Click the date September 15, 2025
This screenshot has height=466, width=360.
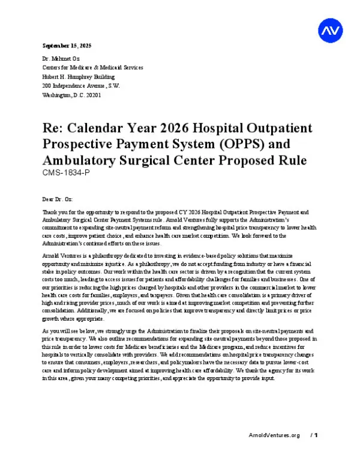(66, 46)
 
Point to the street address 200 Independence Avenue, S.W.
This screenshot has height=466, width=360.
(81, 85)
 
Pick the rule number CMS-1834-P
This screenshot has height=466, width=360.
(67, 173)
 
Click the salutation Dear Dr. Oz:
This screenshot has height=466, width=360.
(58, 198)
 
